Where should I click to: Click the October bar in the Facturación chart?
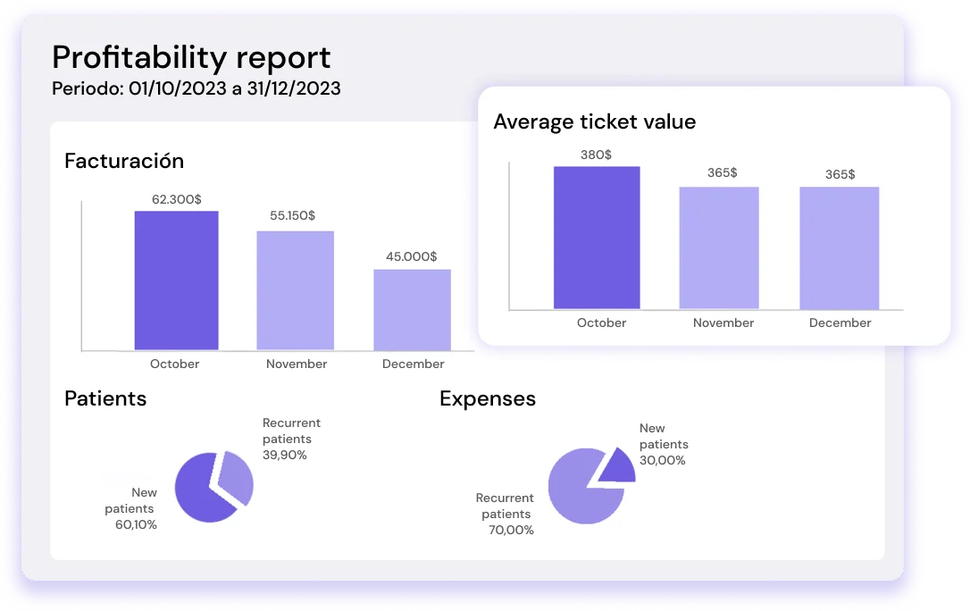tap(176, 280)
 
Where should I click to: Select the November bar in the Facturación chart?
tap(296, 290)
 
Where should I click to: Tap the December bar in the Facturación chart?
tap(412, 309)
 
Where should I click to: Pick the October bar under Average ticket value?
tap(597, 238)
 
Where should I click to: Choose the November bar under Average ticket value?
tap(719, 247)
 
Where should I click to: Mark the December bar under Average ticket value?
tap(839, 247)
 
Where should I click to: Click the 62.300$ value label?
tap(176, 199)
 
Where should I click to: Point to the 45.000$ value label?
tap(411, 256)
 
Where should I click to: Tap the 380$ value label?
tap(596, 155)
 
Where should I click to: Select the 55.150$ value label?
tap(292, 215)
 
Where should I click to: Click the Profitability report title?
tap(191, 57)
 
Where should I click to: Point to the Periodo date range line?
tap(196, 89)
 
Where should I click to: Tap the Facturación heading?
tap(124, 161)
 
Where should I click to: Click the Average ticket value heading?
tap(594, 121)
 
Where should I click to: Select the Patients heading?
tap(105, 398)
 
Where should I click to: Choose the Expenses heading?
tap(488, 398)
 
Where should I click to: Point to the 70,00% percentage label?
tap(513, 530)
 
